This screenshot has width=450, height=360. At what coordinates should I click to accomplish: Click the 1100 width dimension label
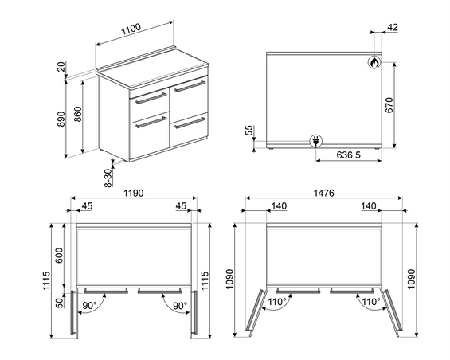click(x=131, y=29)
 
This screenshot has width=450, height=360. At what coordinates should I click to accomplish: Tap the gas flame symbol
click(x=374, y=62)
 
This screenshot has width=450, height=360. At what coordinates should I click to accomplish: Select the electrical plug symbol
click(x=315, y=141)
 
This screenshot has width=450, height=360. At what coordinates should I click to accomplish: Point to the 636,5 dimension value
click(x=349, y=155)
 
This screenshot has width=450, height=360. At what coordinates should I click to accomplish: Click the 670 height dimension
click(x=389, y=105)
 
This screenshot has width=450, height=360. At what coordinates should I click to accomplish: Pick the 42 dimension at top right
click(x=393, y=27)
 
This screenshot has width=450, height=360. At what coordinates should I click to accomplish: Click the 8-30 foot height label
click(x=108, y=178)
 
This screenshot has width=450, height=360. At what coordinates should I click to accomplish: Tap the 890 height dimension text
click(x=61, y=119)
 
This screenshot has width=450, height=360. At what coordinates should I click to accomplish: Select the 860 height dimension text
click(x=78, y=114)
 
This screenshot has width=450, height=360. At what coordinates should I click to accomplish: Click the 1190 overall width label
click(x=134, y=194)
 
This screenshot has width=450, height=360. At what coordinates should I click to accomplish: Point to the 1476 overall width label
click(x=323, y=194)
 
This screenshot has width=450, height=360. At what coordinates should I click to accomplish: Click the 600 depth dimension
click(x=59, y=255)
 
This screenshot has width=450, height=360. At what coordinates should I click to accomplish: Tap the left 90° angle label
click(x=91, y=306)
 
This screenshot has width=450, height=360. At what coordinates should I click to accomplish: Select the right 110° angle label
click(x=371, y=302)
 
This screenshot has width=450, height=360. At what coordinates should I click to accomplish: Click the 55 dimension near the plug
click(x=249, y=130)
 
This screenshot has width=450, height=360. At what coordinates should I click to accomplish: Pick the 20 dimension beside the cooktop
click(x=61, y=67)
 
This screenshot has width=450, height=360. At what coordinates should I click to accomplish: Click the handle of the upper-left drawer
click(x=151, y=98)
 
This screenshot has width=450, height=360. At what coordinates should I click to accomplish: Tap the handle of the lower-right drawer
click(x=190, y=123)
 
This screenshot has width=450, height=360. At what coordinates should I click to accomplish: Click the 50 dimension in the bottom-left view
click(x=59, y=303)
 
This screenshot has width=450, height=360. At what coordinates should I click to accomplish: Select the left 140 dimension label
click(x=279, y=206)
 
